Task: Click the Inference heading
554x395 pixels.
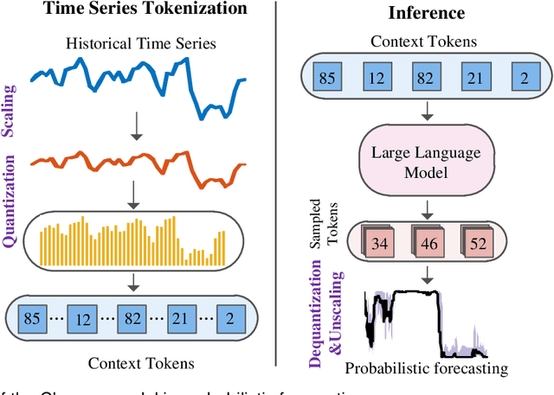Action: point(415,13)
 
